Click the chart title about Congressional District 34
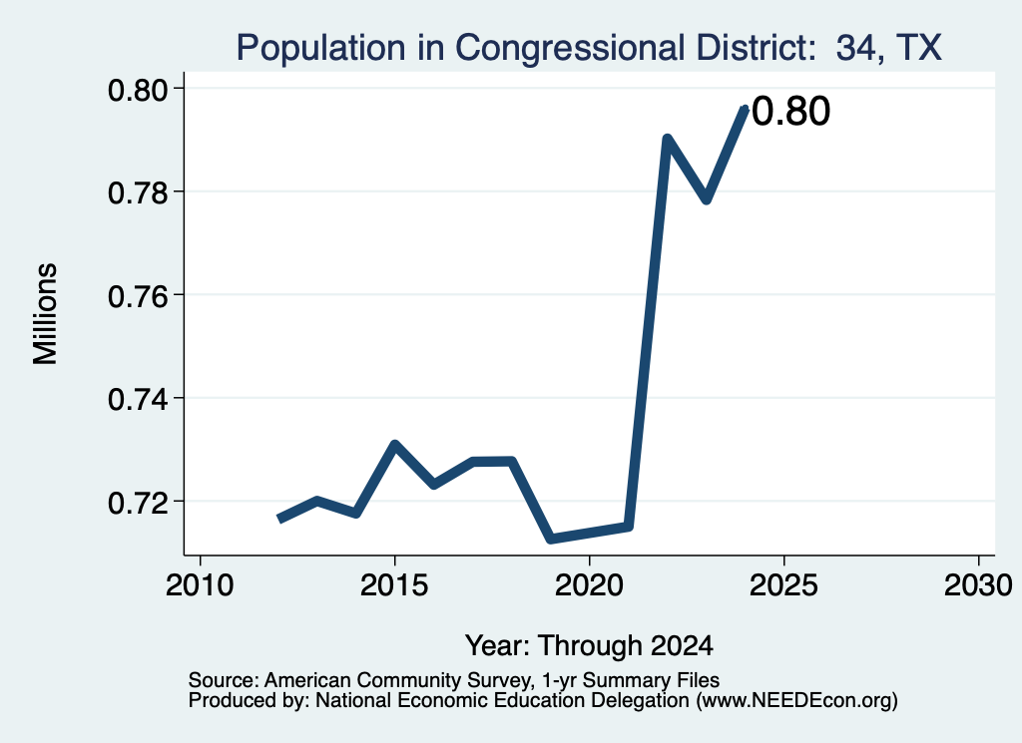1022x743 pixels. click(x=589, y=48)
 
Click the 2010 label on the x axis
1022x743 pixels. click(x=200, y=585)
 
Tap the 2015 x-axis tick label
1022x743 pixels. click(x=393, y=585)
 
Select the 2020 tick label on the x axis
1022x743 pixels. click(x=589, y=585)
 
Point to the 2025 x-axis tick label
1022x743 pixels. click(x=783, y=585)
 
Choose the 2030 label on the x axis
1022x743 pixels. click(x=978, y=585)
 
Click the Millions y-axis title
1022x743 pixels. click(x=46, y=314)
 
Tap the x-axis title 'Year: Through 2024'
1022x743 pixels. click(x=589, y=645)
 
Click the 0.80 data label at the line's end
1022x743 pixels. click(x=790, y=111)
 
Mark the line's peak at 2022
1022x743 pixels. click(x=667, y=138)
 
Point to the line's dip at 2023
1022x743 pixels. click(x=707, y=199)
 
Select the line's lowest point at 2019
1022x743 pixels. click(x=551, y=539)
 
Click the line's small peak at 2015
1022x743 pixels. click(x=394, y=445)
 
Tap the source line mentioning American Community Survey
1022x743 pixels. click(x=454, y=680)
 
